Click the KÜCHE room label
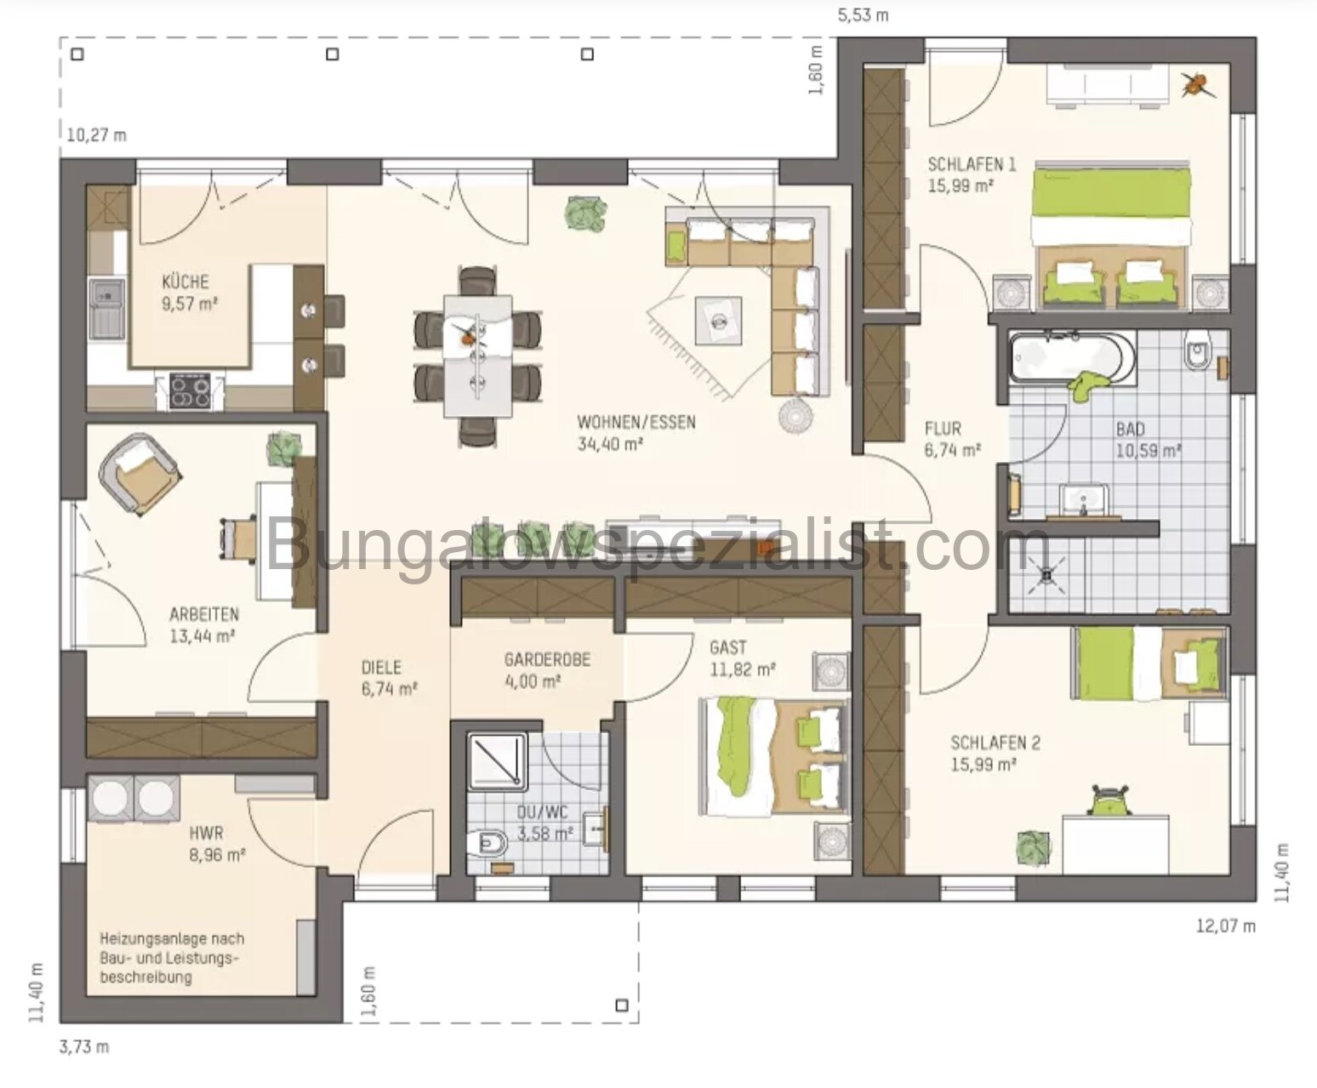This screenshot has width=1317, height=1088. (185, 282)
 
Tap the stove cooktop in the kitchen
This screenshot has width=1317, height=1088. (190, 392)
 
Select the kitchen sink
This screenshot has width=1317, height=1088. (107, 304)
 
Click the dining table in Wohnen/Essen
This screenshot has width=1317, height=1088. (477, 355)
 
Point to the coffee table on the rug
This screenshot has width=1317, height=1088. (718, 320)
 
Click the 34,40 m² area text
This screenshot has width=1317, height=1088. (610, 443)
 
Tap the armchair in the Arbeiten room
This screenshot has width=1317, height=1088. (139, 471)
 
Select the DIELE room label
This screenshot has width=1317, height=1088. (380, 668)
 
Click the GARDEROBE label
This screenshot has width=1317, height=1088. (547, 659)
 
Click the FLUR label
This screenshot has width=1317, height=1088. (944, 430)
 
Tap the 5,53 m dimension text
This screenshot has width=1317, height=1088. (864, 15)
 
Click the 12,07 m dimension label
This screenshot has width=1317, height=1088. (1225, 926)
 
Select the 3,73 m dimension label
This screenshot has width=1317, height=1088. (84, 1046)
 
